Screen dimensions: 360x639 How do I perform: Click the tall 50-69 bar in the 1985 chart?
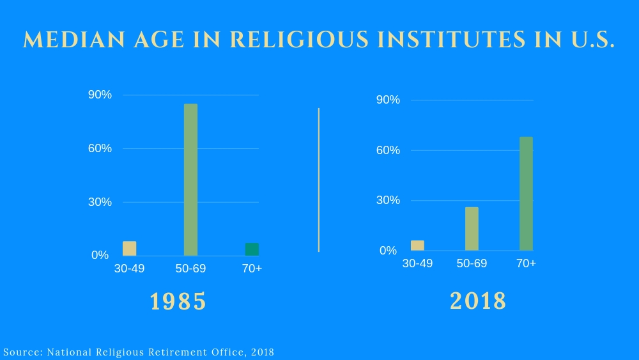(190, 180)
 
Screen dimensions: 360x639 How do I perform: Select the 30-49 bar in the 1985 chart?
(130, 249)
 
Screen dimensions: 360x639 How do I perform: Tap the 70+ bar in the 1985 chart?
(252, 249)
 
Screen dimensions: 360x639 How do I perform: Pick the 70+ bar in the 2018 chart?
(526, 193)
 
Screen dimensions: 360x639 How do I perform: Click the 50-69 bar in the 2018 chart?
(472, 228)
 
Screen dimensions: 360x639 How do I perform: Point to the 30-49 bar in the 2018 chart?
(417, 246)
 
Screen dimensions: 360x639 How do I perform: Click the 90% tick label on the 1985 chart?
(100, 95)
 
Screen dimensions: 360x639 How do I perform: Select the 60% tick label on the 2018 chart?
(388, 150)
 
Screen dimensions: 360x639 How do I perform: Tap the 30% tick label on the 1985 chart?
(100, 202)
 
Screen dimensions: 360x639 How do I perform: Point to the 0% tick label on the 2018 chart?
(388, 251)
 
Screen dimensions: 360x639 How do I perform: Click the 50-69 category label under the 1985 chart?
(190, 269)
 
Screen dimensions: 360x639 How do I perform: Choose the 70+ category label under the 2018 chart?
(526, 263)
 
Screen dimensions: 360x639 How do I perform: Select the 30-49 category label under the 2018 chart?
(417, 263)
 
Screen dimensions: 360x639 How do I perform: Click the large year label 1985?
(178, 301)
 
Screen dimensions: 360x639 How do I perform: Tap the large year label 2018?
(478, 301)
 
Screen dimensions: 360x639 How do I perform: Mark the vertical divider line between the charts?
(318, 180)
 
